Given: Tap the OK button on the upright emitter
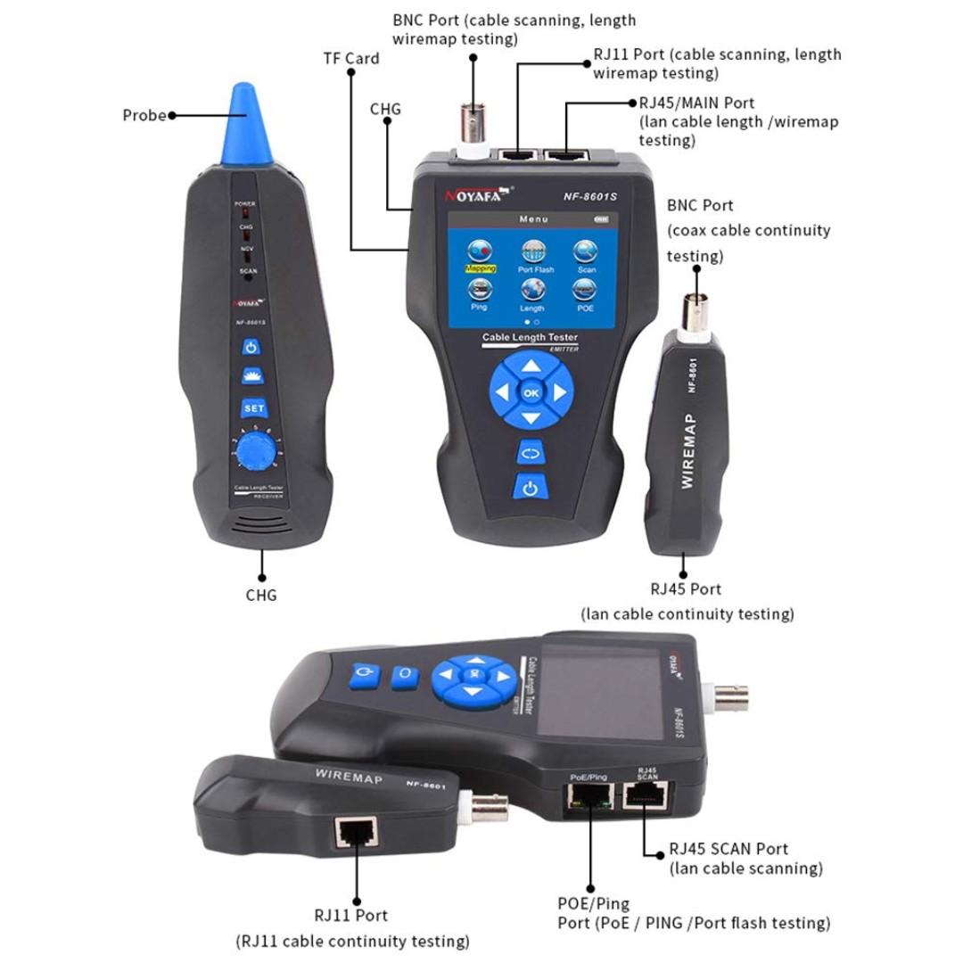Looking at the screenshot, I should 531,392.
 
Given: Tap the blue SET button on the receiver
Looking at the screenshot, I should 253,408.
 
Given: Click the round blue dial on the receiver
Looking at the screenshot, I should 254,452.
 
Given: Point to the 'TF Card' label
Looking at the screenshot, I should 350,59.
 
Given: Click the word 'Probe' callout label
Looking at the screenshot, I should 144,115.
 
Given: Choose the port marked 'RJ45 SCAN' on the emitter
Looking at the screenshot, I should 647,797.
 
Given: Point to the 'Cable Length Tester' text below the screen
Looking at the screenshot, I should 530,338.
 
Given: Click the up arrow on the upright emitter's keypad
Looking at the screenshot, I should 531,365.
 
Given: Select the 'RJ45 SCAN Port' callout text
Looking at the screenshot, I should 728,850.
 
